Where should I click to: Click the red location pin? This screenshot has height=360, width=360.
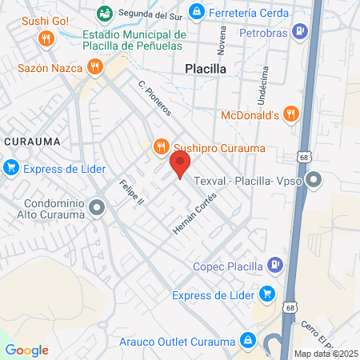pyautogui.click(x=180, y=166)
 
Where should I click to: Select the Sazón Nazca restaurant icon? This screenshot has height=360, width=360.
pyautogui.click(x=95, y=67)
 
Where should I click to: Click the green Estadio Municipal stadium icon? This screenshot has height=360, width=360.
pyautogui.click(x=104, y=14)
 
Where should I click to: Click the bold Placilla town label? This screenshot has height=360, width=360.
pyautogui.click(x=206, y=69)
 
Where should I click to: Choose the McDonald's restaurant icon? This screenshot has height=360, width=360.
pyautogui.click(x=290, y=114)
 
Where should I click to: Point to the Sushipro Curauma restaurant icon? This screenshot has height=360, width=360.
pyautogui.click(x=162, y=146)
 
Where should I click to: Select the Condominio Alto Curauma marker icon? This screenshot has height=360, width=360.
pyautogui.click(x=98, y=210)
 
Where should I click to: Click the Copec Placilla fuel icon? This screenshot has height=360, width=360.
pyautogui.click(x=274, y=264)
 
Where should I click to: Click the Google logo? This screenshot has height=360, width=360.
pyautogui.click(x=26, y=350)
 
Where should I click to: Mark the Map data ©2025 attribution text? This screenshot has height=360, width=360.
pyautogui.click(x=326, y=354)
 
